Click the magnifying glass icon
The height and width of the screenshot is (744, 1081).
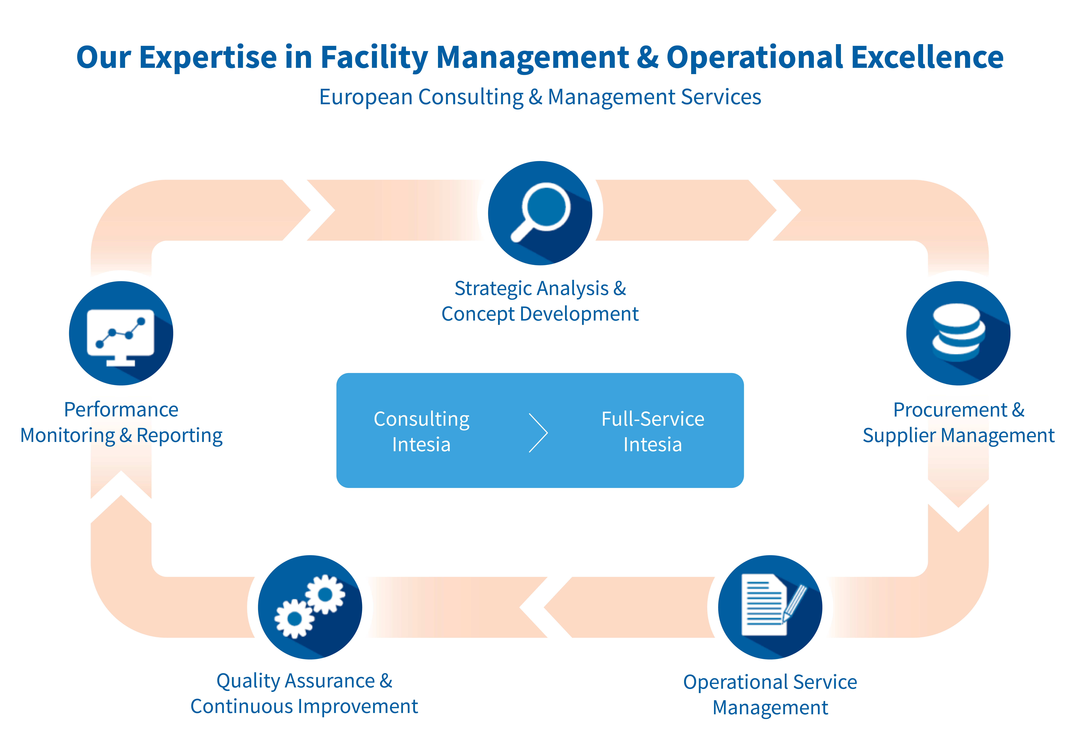540,213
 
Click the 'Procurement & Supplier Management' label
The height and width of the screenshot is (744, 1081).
959,422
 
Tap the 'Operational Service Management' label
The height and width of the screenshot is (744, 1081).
770,695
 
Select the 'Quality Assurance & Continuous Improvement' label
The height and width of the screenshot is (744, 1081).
304,694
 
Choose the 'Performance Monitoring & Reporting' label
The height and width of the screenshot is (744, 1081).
121,422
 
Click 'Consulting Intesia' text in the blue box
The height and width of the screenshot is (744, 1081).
422,431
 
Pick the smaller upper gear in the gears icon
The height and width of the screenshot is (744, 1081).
325,594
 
